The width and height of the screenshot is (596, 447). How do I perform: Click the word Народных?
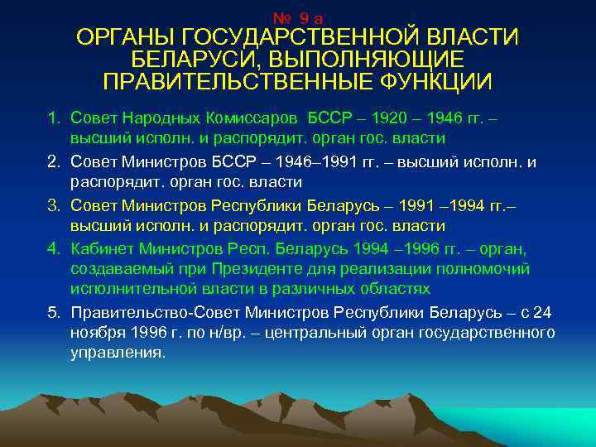(165, 118)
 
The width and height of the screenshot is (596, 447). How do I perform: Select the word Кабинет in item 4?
(101, 248)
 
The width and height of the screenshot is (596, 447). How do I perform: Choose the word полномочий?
(487, 269)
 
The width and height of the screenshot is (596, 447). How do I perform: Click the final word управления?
(118, 354)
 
